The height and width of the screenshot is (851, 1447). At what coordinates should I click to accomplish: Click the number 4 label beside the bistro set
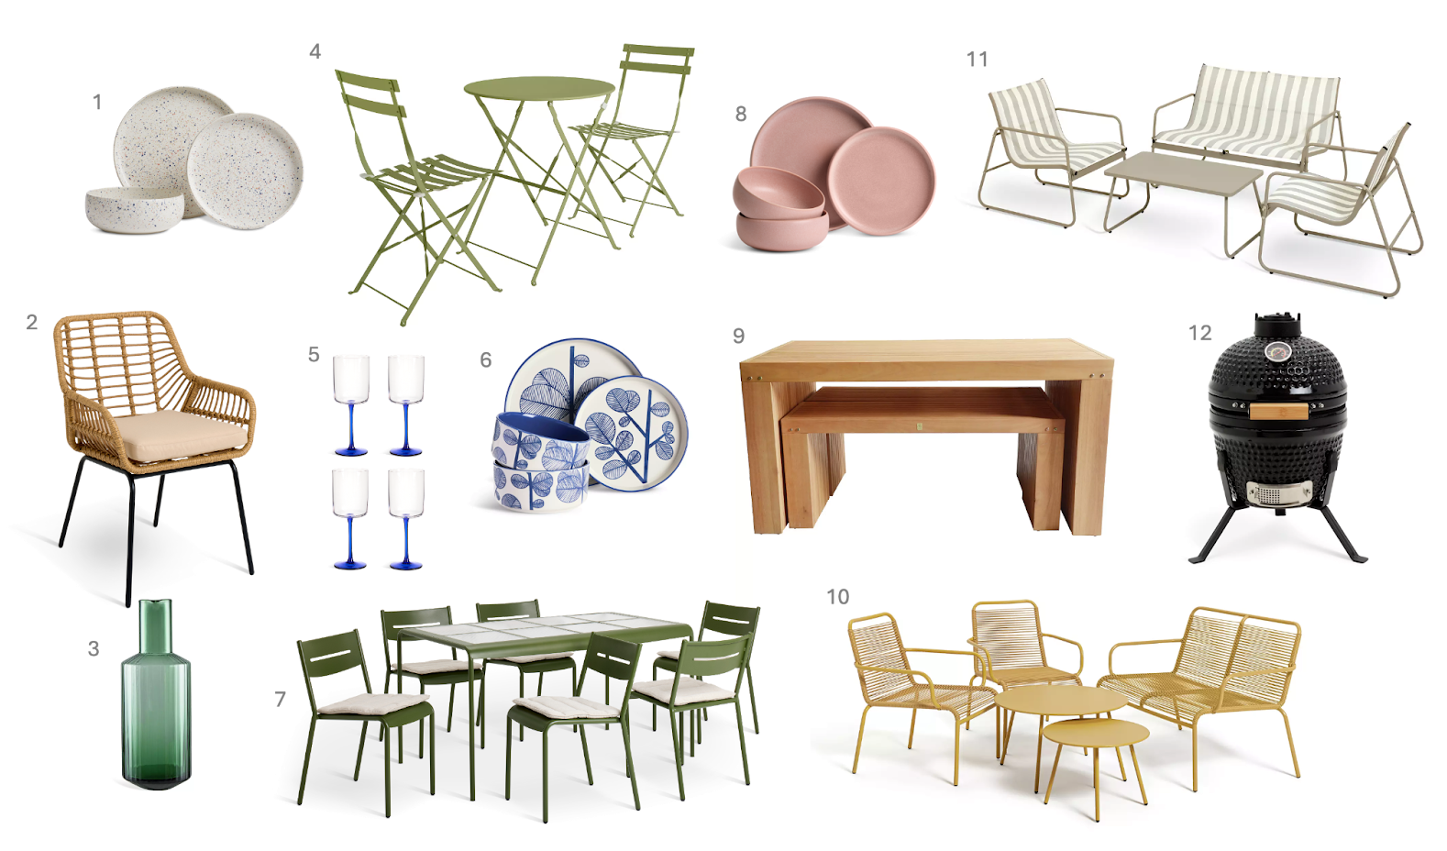pyautogui.click(x=315, y=51)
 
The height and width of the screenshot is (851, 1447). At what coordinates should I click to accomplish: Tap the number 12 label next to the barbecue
pyautogui.click(x=1200, y=333)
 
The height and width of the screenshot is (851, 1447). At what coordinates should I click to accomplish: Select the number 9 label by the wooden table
pyautogui.click(x=739, y=336)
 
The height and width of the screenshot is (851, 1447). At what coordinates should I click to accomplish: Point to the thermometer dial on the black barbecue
pyautogui.click(x=1277, y=352)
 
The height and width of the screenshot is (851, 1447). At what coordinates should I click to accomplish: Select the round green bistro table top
pyautogui.click(x=539, y=89)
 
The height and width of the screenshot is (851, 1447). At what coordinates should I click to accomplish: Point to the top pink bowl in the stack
pyautogui.click(x=779, y=192)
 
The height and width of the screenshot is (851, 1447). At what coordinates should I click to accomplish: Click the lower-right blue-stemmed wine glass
pyautogui.click(x=405, y=519)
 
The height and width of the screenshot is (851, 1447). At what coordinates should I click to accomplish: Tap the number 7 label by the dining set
pyautogui.click(x=280, y=699)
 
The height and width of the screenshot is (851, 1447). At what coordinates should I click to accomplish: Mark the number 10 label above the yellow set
pyautogui.click(x=838, y=596)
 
